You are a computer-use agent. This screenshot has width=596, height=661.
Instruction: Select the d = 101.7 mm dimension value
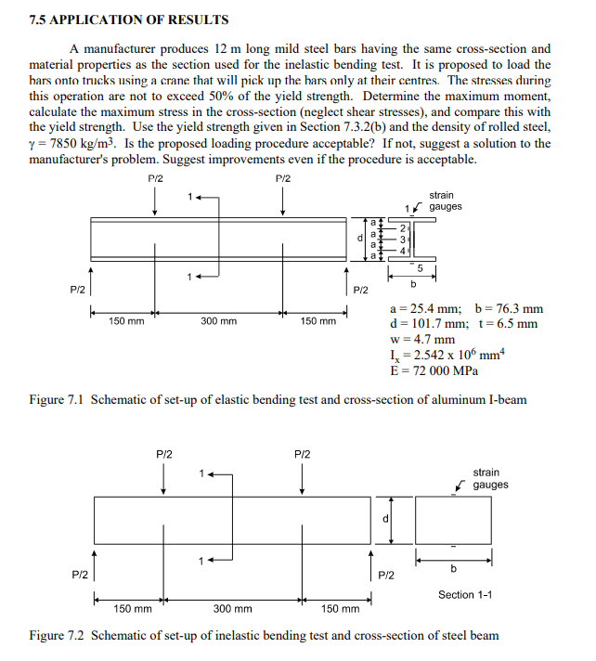click(422, 324)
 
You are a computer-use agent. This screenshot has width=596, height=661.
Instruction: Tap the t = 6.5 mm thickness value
click(509, 324)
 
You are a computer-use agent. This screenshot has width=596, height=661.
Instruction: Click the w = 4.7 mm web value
click(416, 339)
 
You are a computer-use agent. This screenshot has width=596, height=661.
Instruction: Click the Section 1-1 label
click(469, 594)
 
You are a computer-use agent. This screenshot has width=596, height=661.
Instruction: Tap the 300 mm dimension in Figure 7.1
click(219, 321)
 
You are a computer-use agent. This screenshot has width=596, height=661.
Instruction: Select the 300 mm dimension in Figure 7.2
click(233, 609)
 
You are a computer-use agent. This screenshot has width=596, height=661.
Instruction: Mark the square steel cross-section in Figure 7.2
click(453, 520)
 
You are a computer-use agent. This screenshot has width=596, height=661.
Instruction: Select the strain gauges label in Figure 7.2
click(489, 479)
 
